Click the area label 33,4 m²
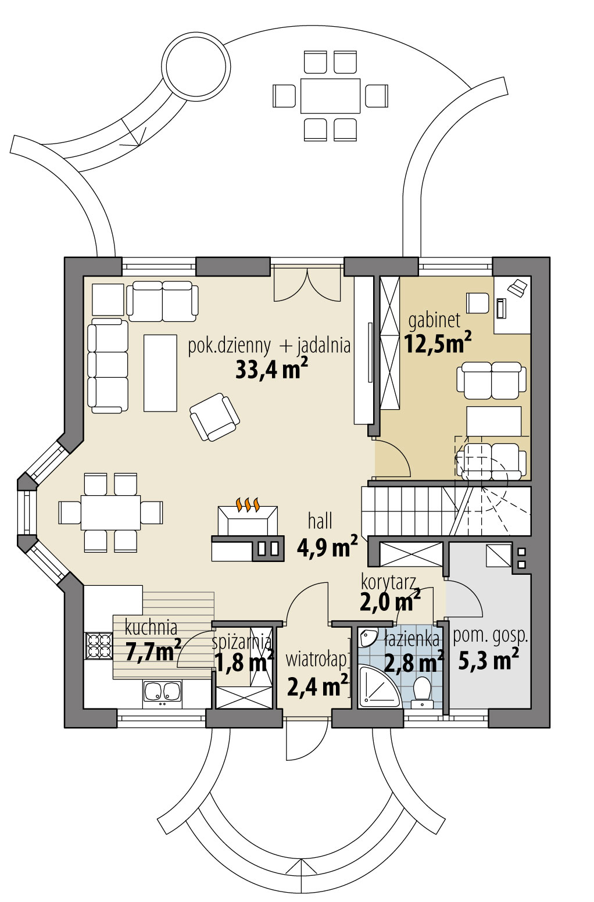pos(271,369)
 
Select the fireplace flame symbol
pos(248,504)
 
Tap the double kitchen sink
pos(162,692)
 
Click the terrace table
pos(330,96)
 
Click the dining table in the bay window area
pos(110,512)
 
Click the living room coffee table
pos(160,373)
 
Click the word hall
pos(320,521)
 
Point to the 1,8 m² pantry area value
pos(244,662)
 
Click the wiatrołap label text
pos(316,660)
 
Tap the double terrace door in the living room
pos(307,283)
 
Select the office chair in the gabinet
pos(478,303)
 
